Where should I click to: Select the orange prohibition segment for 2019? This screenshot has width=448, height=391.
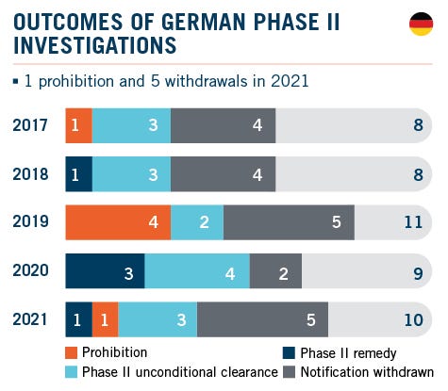(118, 222)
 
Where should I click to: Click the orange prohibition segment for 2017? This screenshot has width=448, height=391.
(78, 125)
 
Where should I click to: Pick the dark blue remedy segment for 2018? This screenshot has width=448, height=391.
(78, 174)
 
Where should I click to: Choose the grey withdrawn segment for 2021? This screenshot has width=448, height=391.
(262, 319)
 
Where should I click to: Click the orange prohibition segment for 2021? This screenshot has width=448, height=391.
(105, 319)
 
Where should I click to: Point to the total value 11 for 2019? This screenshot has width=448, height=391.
(412, 223)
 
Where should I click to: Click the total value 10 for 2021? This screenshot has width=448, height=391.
(412, 320)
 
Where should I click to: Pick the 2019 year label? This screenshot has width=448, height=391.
(32, 223)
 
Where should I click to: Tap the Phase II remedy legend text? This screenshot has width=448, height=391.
(343, 353)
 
